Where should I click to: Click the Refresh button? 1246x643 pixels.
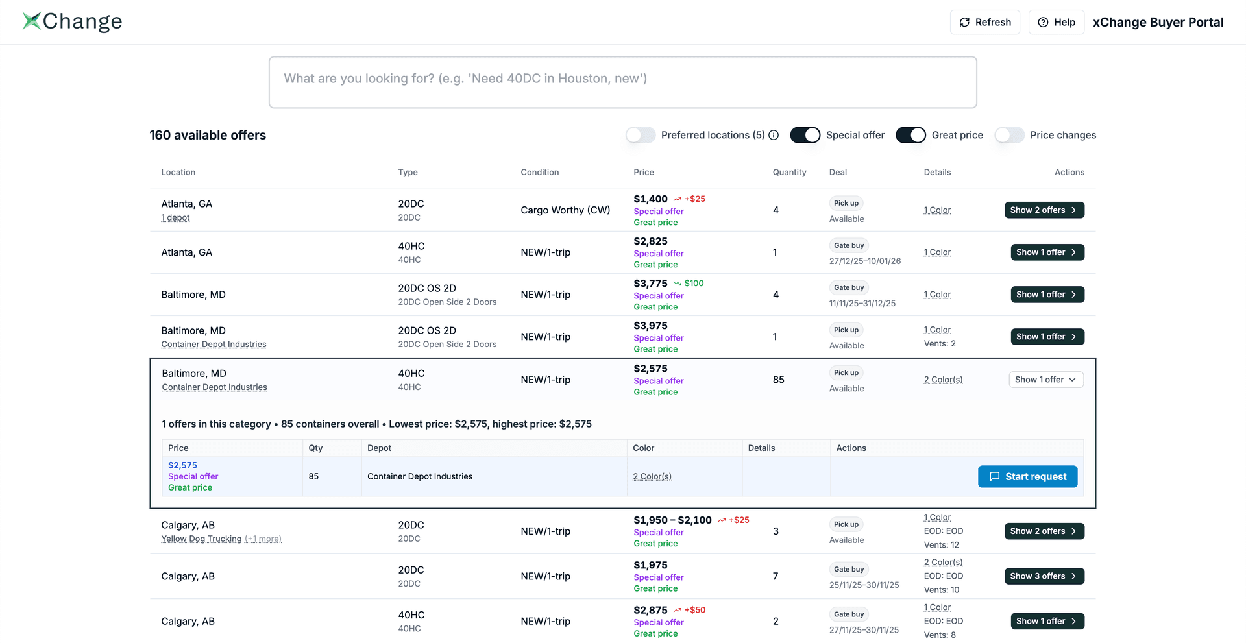pyautogui.click(x=984, y=22)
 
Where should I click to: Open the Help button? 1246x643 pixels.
pyautogui.click(x=1056, y=22)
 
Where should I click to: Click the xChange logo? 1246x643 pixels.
pyautogui.click(x=72, y=21)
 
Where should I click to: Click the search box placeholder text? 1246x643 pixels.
pyautogui.click(x=465, y=79)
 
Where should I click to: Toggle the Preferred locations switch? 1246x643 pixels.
pyautogui.click(x=641, y=135)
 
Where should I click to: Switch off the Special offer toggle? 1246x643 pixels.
pyautogui.click(x=805, y=135)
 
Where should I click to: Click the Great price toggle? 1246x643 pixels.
pyautogui.click(x=910, y=135)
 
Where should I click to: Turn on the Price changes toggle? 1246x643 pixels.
pyautogui.click(x=1009, y=135)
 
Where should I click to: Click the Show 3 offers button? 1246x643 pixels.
pyautogui.click(x=1044, y=576)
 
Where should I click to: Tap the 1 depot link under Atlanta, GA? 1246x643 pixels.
pyautogui.click(x=175, y=218)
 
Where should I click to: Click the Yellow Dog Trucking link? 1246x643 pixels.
pyautogui.click(x=201, y=539)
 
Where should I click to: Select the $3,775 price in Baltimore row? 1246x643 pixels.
pyautogui.click(x=650, y=284)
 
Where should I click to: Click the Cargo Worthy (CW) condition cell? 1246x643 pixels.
pyautogui.click(x=565, y=210)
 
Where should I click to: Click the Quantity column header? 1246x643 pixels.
pyautogui.click(x=789, y=172)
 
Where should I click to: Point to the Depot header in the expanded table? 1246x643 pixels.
pyautogui.click(x=379, y=448)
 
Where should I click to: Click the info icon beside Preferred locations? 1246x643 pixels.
pyautogui.click(x=774, y=135)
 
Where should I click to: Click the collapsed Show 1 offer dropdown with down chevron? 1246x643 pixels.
pyautogui.click(x=1045, y=380)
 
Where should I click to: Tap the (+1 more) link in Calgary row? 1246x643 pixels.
pyautogui.click(x=263, y=539)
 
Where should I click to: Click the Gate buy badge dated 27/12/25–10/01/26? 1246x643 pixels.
pyautogui.click(x=849, y=245)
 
